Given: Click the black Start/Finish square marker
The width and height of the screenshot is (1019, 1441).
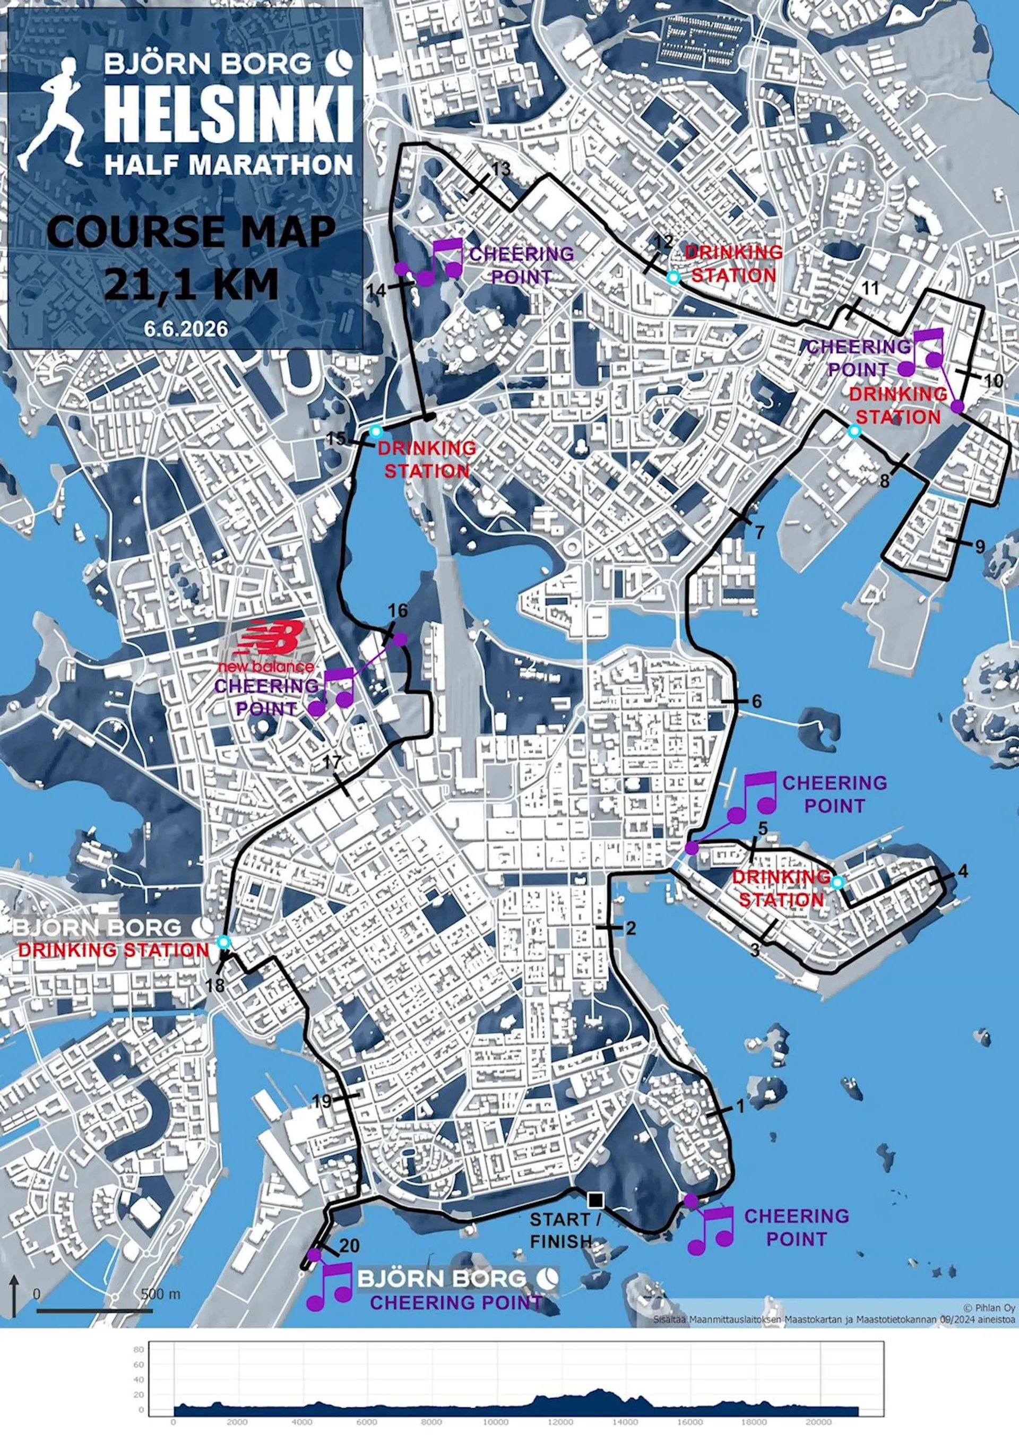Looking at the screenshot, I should [x=595, y=1200].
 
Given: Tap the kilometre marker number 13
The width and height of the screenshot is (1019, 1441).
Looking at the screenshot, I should [x=502, y=169].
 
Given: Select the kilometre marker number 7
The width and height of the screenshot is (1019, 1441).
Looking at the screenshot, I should [x=759, y=533].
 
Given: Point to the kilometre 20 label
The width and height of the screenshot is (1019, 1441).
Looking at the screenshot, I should [x=350, y=1245].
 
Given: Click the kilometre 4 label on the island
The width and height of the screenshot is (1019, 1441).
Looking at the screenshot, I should [x=963, y=871].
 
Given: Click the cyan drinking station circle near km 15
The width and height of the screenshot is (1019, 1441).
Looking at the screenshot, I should [x=375, y=432].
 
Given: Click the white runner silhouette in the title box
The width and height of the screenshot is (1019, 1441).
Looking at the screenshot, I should [x=53, y=113].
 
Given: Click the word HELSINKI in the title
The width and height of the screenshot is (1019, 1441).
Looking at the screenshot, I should [x=228, y=116].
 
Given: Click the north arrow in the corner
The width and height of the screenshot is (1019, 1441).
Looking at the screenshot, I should [x=14, y=1294].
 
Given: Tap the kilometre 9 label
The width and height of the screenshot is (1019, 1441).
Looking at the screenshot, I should [x=980, y=547].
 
